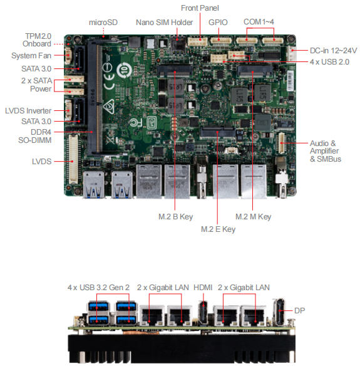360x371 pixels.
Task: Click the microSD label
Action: click(103, 23)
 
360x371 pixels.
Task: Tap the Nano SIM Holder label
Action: click(164, 23)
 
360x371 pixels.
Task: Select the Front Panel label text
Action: click(200, 8)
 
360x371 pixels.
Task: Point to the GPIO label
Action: click(218, 23)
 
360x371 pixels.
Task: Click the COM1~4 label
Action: click(259, 22)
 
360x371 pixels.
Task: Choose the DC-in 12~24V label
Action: click(333, 51)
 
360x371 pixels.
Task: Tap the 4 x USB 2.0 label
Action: click(329, 62)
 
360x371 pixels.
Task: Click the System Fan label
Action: click(31, 56)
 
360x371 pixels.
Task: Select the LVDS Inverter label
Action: click(28, 111)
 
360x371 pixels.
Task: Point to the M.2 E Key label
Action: click(218, 229)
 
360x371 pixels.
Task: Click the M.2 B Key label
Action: click(176, 217)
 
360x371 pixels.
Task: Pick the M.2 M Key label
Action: click(253, 217)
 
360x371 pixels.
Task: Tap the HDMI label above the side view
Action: click(203, 288)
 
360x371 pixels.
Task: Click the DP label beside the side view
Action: click(299, 311)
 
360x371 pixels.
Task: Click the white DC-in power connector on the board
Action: click(291, 54)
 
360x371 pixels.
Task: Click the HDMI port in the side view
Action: click(203, 313)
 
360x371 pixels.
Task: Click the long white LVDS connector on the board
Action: click(73, 159)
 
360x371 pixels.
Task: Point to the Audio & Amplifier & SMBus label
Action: click(326, 151)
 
